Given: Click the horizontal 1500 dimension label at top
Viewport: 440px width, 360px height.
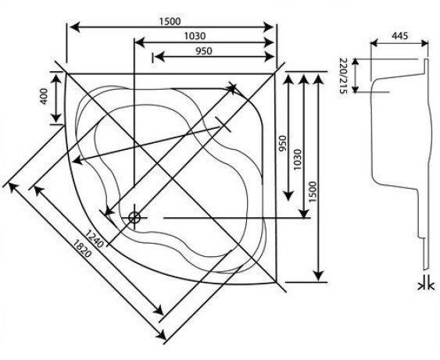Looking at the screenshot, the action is click(170, 21).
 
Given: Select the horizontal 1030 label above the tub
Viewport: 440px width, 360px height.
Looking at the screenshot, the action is click(195, 36).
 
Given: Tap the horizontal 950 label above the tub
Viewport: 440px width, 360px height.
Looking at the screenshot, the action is click(204, 51).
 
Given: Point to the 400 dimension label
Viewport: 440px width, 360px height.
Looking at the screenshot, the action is click(45, 96).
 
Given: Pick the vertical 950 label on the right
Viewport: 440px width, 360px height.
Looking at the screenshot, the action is click(283, 143).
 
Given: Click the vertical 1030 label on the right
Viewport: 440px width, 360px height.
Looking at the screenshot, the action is click(297, 159).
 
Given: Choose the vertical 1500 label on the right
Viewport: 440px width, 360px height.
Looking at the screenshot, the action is click(313, 192).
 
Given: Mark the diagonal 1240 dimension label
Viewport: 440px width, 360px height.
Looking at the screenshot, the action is click(95, 239).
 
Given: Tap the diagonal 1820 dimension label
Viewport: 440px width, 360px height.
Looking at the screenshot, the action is click(82, 248).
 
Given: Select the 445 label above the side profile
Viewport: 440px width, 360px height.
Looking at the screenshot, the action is click(399, 36).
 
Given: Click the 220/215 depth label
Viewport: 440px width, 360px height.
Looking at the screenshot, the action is click(343, 76).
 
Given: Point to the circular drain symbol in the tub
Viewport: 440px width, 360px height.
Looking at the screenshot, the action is click(134, 218).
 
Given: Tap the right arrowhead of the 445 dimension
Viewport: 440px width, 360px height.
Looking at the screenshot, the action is click(424, 43).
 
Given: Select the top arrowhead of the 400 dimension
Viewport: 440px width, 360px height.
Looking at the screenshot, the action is click(57, 78).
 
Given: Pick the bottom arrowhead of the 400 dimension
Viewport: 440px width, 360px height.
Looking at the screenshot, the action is click(57, 118).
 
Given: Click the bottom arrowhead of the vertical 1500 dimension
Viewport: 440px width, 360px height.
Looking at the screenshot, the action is click(318, 276).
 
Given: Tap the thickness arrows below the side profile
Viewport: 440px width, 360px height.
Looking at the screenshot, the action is click(427, 287).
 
